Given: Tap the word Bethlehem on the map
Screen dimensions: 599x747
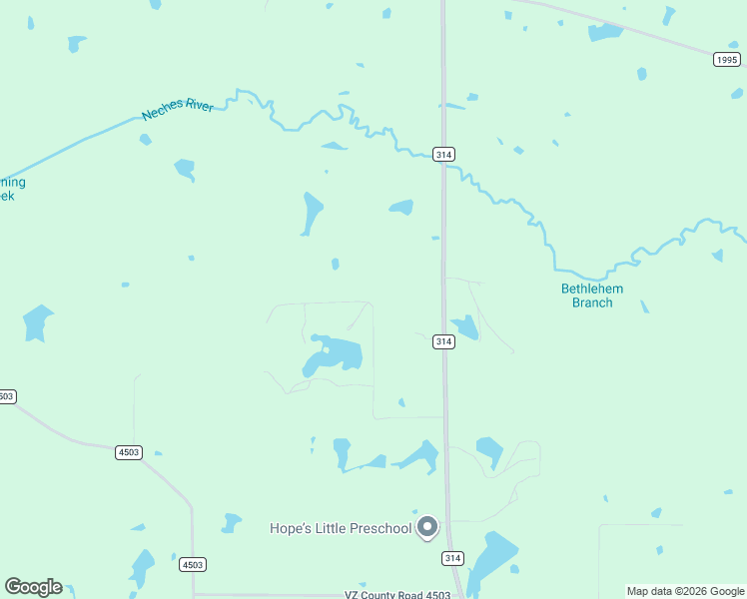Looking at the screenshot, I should point(592,289).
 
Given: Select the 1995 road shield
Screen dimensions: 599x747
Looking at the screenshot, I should point(727,60).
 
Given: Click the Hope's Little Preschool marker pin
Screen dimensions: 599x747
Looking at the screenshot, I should point(427,525).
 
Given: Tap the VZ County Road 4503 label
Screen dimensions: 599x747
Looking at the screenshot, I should point(397,595).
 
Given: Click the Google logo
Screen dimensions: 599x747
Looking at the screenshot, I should point(33,587).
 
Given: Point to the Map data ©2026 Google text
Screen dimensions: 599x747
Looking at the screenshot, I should point(686,591).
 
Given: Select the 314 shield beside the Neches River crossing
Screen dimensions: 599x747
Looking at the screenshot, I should point(444,154).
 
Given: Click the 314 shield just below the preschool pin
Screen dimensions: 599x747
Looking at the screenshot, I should point(452,558).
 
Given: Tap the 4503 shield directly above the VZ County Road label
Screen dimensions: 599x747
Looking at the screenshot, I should point(193,565).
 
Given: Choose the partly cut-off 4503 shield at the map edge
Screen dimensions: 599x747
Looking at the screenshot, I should point(6,396).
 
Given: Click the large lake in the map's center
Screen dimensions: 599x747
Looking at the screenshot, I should point(335,355).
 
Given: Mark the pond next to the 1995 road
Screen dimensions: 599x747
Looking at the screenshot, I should point(605,32).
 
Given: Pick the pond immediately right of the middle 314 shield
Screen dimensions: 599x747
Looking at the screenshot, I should point(464,326).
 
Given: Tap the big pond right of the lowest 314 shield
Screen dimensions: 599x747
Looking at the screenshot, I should point(492,558).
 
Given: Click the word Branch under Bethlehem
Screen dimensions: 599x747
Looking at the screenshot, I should point(592,302).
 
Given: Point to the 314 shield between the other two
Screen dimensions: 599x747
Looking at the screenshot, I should point(444,341).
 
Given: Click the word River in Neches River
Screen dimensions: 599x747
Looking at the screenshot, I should point(198,105).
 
